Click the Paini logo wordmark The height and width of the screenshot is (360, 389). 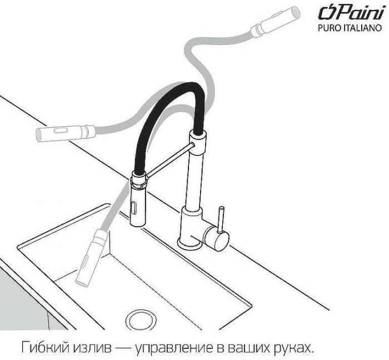click(x=351, y=12)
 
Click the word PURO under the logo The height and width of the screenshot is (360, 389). click(x=329, y=28)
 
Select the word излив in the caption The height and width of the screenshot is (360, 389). click(x=93, y=348)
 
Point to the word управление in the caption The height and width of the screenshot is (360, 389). click(x=173, y=348)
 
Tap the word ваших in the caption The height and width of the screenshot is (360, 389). click(x=247, y=348)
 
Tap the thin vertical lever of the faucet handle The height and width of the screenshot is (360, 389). click(x=221, y=219)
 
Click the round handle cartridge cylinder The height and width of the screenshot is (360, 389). click(x=216, y=238)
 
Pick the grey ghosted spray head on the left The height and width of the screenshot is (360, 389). click(x=66, y=133)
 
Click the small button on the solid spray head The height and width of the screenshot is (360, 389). click(x=134, y=208)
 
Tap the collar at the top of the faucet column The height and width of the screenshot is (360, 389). click(x=198, y=142)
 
